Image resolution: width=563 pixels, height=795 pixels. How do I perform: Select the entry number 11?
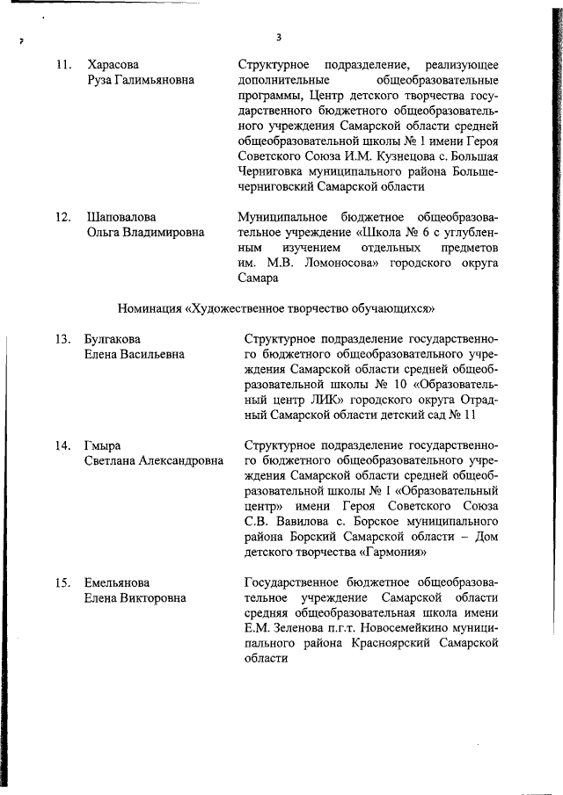click(x=62, y=65)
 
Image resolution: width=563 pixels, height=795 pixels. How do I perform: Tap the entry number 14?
click(x=62, y=445)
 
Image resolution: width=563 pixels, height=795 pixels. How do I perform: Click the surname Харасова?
click(x=113, y=65)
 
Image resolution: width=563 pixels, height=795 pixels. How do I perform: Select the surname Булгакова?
click(x=113, y=339)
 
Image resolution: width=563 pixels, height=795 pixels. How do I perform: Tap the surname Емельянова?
click(x=117, y=582)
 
